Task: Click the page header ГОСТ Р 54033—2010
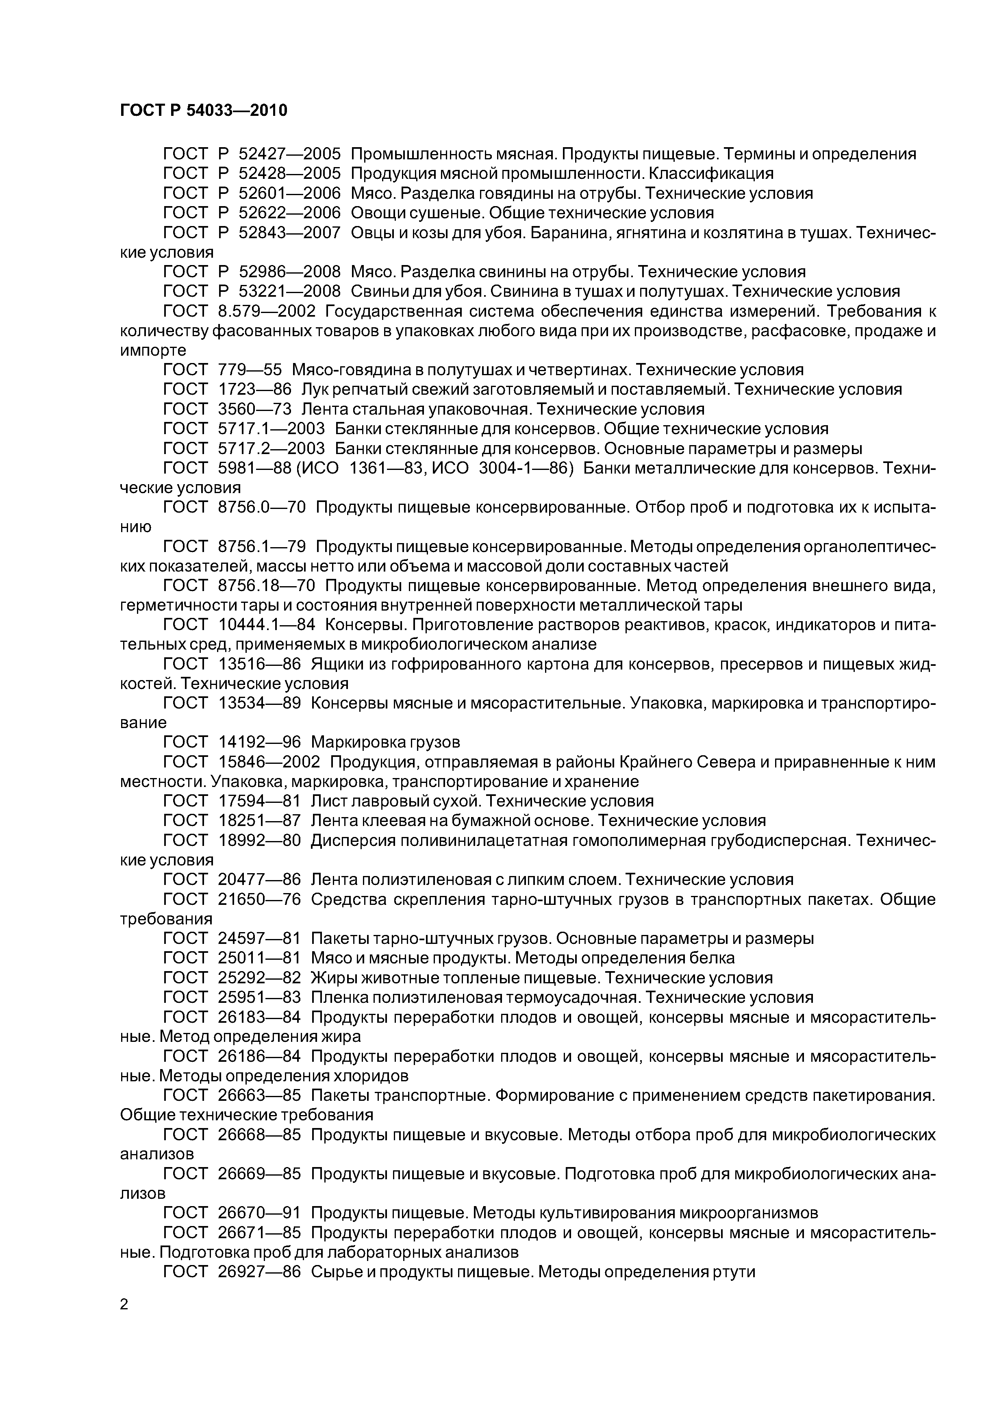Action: point(203,111)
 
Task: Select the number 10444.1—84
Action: point(267,625)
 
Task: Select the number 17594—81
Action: point(260,801)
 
